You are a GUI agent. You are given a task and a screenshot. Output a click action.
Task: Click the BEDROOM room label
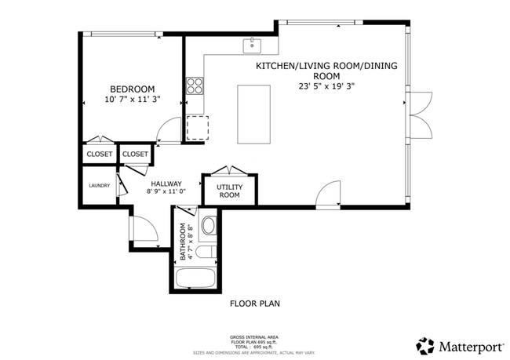click(x=132, y=89)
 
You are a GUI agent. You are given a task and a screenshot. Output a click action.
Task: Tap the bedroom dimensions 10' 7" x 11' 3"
click(x=132, y=100)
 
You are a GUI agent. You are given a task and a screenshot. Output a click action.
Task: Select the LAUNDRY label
click(x=99, y=186)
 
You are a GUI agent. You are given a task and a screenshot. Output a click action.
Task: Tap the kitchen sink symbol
click(x=253, y=44)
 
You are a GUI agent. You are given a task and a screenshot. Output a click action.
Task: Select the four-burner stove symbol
click(x=194, y=83)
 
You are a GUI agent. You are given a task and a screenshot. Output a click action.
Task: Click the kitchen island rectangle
click(x=253, y=115)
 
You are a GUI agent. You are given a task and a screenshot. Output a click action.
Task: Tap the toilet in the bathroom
click(x=205, y=253)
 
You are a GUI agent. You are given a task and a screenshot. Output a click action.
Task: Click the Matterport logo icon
click(x=425, y=345)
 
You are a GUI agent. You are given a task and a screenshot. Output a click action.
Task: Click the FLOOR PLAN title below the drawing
click(x=254, y=303)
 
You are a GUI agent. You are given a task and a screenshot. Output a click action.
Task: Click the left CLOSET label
click(x=100, y=155)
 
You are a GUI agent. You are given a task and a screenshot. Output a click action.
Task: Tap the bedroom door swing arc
click(x=166, y=129)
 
